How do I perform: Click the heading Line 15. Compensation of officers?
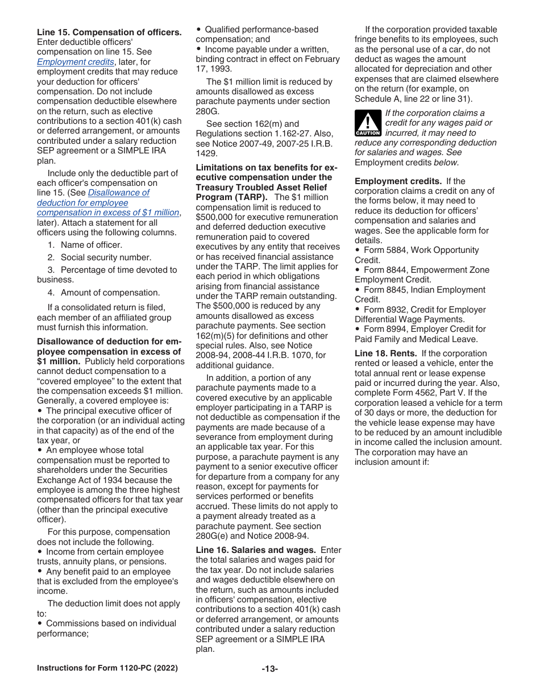click(109, 32)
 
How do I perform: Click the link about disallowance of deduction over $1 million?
click(108, 202)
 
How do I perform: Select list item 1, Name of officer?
click(85, 245)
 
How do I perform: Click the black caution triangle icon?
click(367, 123)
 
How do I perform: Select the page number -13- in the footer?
click(269, 669)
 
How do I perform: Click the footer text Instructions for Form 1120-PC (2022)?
click(107, 668)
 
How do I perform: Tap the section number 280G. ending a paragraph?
click(207, 111)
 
